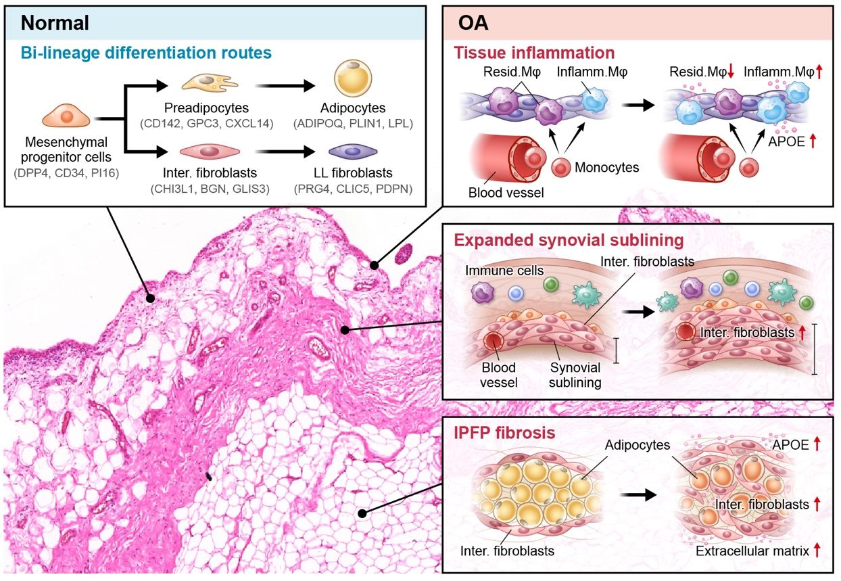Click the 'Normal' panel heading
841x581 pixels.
55,23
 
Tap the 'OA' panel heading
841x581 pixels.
473,23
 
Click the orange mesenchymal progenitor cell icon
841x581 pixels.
66,116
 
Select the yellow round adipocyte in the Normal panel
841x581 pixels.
353,78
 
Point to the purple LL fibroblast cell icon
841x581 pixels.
353,152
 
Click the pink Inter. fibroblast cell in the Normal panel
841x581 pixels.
210,152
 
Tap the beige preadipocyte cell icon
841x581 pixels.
210,83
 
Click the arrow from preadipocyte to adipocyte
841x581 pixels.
285,86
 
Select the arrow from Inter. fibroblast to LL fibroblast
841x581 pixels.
285,152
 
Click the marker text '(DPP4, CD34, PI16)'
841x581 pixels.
66,173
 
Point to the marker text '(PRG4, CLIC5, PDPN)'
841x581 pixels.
353,189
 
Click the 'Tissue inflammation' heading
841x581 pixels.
534,53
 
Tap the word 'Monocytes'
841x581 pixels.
606,168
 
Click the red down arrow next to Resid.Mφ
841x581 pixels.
731,72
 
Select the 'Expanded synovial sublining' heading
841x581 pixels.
569,240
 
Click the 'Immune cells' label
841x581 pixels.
504,271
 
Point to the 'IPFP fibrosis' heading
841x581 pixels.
504,433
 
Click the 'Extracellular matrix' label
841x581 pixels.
752,551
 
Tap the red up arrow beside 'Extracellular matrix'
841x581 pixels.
817,550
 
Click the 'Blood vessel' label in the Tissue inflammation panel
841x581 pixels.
506,193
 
